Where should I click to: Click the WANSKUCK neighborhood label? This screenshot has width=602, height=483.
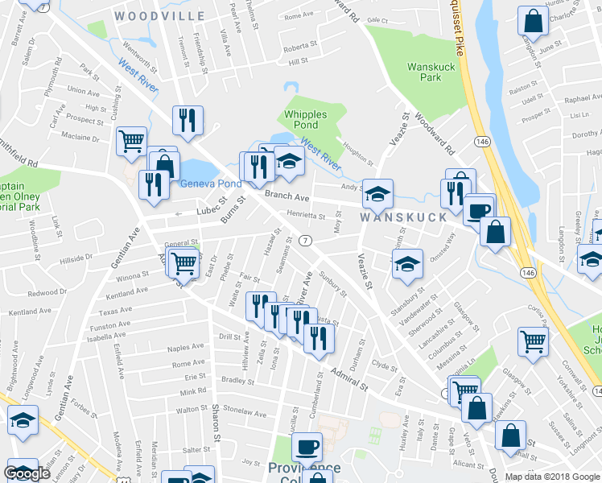pyautogui.click(x=402, y=217)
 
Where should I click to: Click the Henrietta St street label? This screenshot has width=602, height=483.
pyautogui.click(x=306, y=216)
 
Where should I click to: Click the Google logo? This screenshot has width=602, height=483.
pyautogui.click(x=27, y=473)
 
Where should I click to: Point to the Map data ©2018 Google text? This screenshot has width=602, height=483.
pyautogui.click(x=552, y=476)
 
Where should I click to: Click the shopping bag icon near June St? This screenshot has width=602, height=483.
pyautogui.click(x=532, y=22)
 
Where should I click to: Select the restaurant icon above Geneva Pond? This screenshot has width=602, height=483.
pyautogui.click(x=187, y=122)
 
